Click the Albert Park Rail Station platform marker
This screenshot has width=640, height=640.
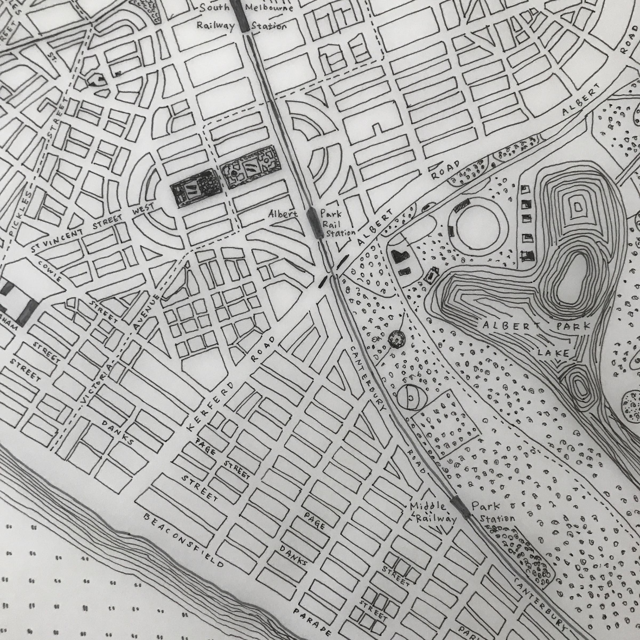point(315,223)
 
